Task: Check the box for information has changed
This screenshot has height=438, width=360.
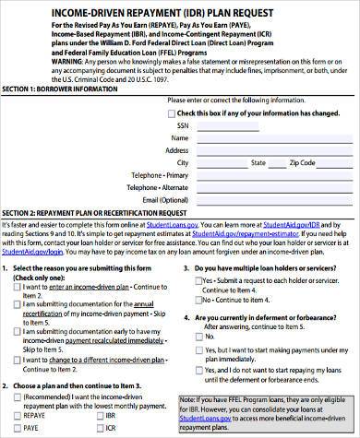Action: (x=169, y=112)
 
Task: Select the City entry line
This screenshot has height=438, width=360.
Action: (x=222, y=164)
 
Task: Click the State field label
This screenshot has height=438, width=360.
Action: (x=270, y=162)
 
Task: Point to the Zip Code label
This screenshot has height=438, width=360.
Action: (x=303, y=162)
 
